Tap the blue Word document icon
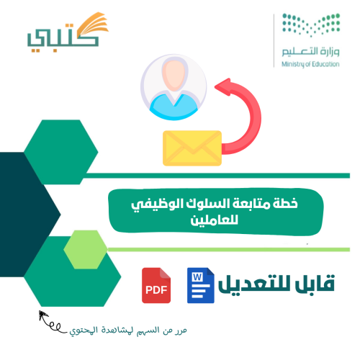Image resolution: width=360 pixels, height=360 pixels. (202, 285)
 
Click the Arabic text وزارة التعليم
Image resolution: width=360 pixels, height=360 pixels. (306, 53)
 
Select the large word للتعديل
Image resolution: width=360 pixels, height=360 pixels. (258, 285)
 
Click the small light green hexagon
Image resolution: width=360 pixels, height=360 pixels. (86, 248)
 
